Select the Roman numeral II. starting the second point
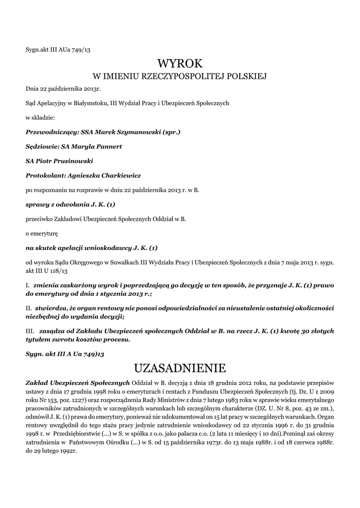[x=29, y=308]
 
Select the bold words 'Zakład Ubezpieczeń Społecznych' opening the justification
[x=77, y=382]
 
